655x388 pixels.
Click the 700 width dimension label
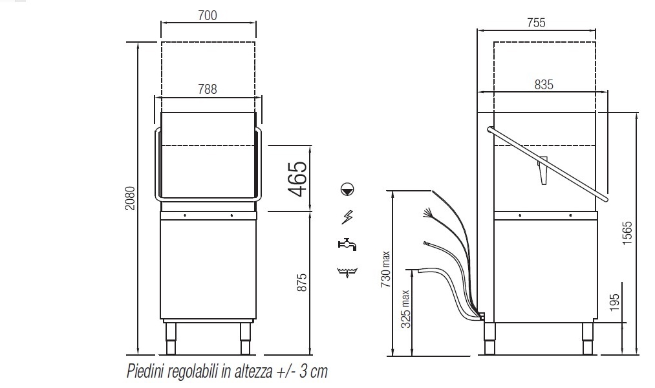pos(208,16)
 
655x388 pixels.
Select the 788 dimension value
pos(208,89)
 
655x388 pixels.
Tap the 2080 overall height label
pos(131,198)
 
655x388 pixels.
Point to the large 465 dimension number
pos(298,178)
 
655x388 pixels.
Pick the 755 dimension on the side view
pos(537,23)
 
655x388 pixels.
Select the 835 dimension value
pos(544,85)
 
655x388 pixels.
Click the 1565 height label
pos(627,233)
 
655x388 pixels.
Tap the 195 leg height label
pos(614,303)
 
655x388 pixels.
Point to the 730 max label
pos(386,269)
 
